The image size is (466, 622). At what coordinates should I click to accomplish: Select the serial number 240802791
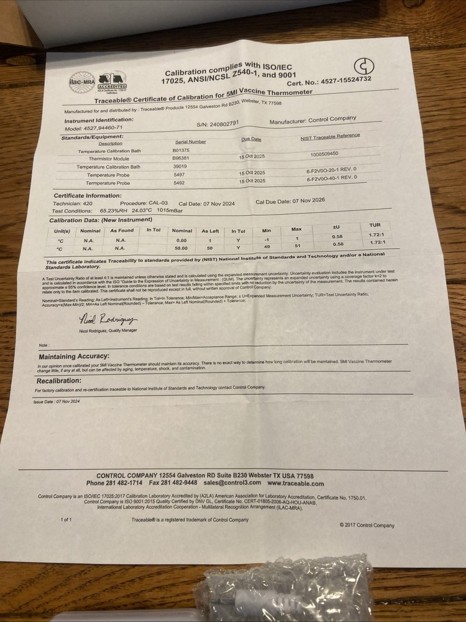click(x=222, y=123)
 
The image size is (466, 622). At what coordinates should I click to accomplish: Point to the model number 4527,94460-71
click(x=94, y=127)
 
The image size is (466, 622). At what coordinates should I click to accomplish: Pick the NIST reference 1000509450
click(x=324, y=153)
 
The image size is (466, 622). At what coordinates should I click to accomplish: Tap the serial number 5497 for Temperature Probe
click(x=179, y=175)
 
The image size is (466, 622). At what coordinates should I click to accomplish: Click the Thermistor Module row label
click(x=109, y=159)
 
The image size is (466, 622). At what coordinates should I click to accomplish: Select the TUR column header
click(x=375, y=225)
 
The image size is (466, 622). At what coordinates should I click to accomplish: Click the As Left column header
click(x=211, y=231)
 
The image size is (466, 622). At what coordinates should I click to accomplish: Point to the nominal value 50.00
click(x=181, y=248)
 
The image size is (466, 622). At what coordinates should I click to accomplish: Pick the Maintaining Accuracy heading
click(x=74, y=356)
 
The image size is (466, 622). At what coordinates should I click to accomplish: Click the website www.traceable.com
click(x=295, y=483)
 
